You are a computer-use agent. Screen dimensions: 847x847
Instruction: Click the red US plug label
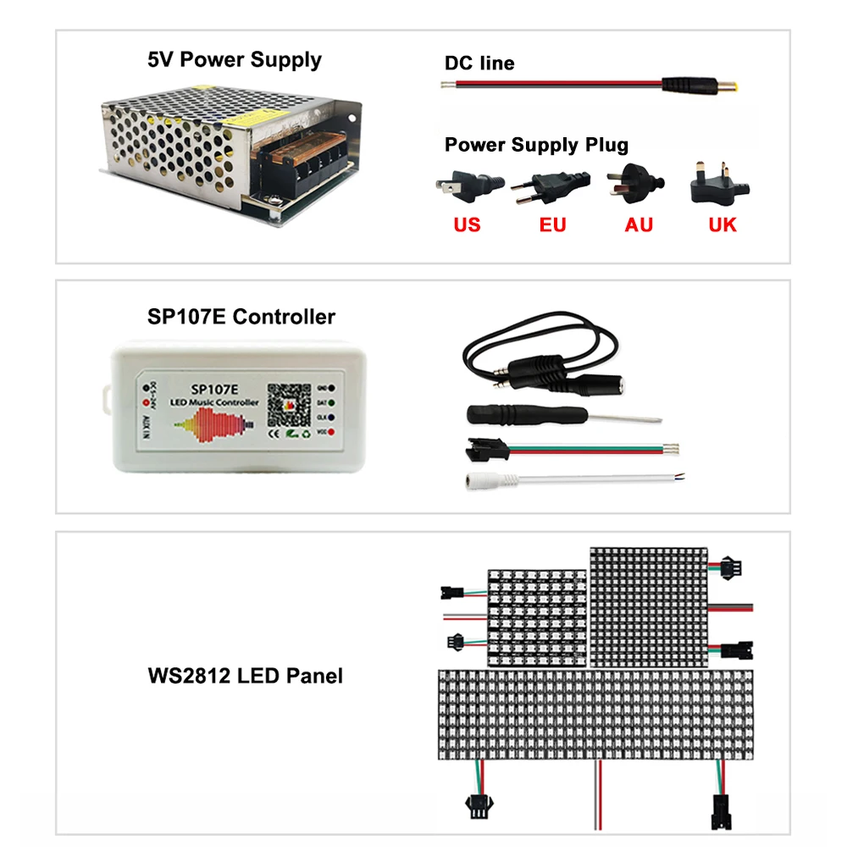coord(467,224)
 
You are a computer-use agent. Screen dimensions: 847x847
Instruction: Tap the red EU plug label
coord(552,224)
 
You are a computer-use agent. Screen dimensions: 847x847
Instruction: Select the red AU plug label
coord(639,224)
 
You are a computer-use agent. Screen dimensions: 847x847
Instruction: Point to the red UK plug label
coord(722,224)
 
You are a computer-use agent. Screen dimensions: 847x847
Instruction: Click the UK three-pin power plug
coord(721,184)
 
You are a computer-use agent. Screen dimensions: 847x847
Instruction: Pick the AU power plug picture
coord(635,183)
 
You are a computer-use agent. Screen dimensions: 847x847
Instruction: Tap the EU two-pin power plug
coord(551,184)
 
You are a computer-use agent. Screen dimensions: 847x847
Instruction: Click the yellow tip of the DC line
coord(732,86)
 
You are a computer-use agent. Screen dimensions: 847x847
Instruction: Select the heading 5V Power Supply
coord(234,60)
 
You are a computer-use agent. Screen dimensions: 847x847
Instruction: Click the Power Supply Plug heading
coord(536,145)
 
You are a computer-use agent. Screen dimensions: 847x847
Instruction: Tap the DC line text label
coord(479,63)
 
